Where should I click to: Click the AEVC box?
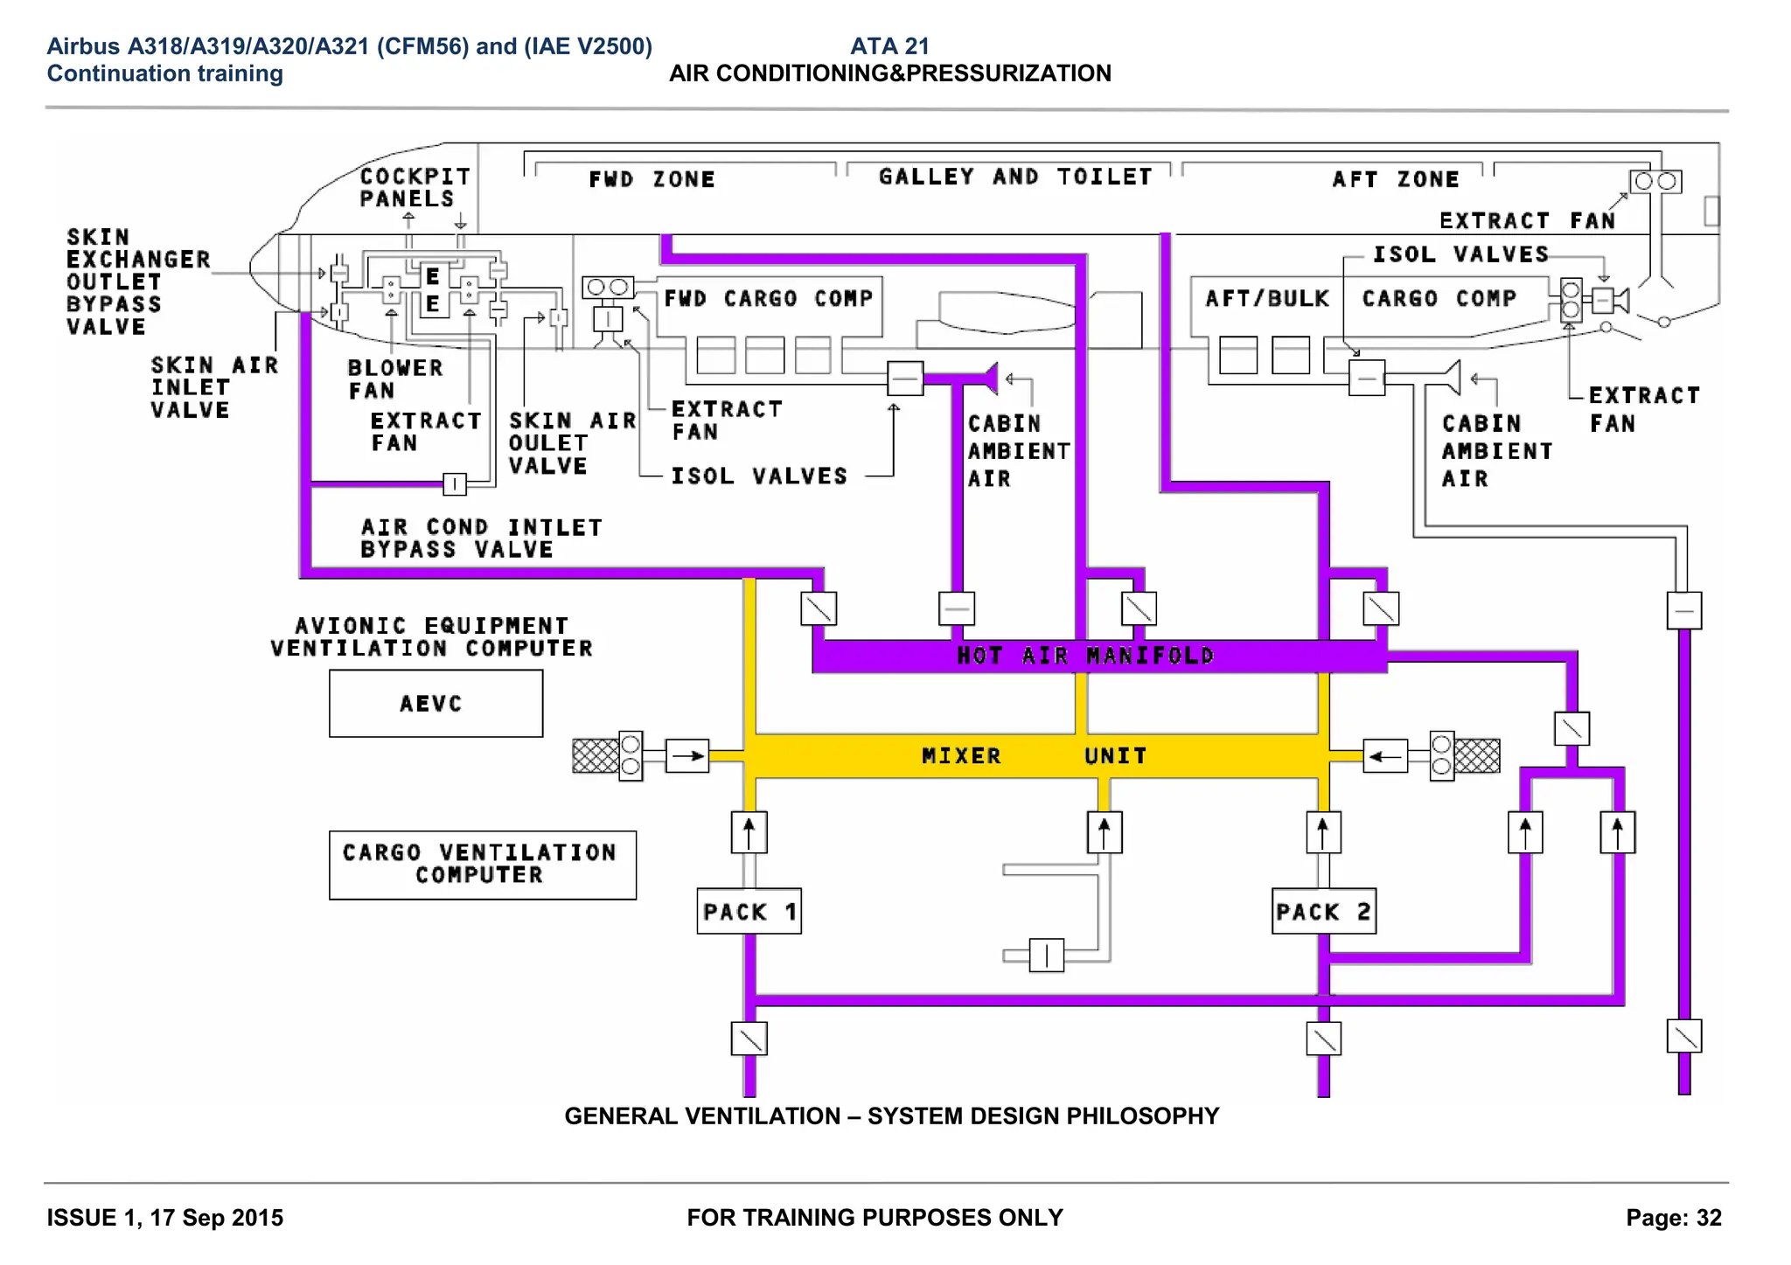[x=436, y=704]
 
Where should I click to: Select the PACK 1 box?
[x=749, y=912]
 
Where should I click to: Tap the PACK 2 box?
[x=1323, y=912]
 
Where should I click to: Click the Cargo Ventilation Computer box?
[x=482, y=865]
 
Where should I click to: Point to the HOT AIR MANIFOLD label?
[x=1085, y=656]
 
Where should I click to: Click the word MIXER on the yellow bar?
[x=961, y=755]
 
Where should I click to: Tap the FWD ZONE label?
[x=652, y=179]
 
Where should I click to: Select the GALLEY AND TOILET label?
[x=1014, y=177]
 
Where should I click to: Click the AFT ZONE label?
[x=1396, y=179]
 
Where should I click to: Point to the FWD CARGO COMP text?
[x=768, y=298]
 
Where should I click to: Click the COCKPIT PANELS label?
[x=415, y=187]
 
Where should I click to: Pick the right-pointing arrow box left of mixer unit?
[x=686, y=755]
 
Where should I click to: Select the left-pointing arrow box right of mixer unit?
[x=1385, y=755]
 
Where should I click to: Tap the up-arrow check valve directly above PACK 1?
[x=749, y=831]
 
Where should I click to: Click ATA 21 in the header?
[x=889, y=45]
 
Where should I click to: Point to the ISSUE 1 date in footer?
[x=165, y=1217]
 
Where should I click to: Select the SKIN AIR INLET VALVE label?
[x=213, y=387]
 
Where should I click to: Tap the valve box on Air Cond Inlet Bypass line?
[x=455, y=483]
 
